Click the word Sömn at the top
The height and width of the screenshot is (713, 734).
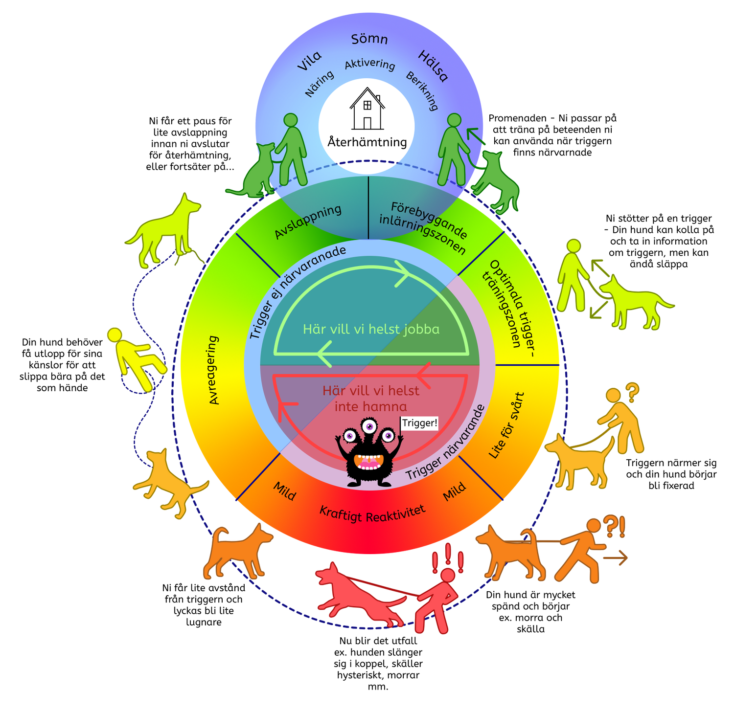tap(369, 39)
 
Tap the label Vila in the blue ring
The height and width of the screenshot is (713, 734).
tap(309, 61)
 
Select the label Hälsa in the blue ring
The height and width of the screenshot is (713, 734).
tap(433, 66)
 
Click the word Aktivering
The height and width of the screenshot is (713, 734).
tap(370, 65)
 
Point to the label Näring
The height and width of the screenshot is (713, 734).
tap(320, 83)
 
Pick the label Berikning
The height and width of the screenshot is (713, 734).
tap(422, 91)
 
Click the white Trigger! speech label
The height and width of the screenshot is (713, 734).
tap(419, 423)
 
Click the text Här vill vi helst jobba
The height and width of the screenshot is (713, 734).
tap(371, 329)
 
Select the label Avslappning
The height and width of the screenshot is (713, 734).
tap(308, 222)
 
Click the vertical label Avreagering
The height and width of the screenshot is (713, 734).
tap(213, 370)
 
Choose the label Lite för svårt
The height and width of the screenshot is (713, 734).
tap(507, 425)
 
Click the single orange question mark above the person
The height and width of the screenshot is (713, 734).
tap(632, 391)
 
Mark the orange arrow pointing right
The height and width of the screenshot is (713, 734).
tap(616, 557)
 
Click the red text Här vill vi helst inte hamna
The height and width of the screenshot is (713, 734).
tap(371, 398)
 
